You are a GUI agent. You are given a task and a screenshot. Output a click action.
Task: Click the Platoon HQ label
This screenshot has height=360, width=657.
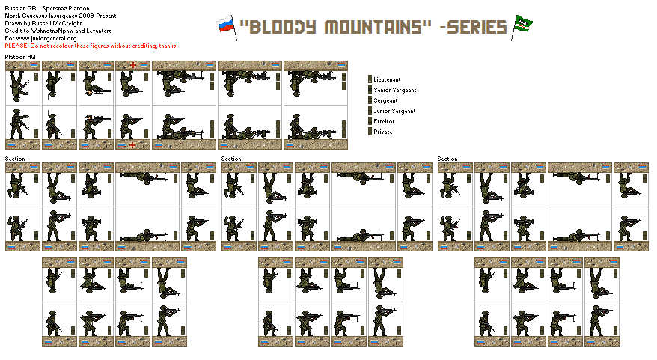tap(19, 57)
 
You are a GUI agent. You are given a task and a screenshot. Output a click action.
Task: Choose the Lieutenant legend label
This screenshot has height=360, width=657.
tap(387, 79)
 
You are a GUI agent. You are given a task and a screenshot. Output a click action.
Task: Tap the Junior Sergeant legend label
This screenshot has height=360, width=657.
tap(394, 111)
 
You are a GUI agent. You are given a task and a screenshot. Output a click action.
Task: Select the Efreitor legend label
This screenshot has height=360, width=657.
tap(385, 121)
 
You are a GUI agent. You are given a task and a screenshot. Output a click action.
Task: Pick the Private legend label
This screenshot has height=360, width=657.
tap(383, 132)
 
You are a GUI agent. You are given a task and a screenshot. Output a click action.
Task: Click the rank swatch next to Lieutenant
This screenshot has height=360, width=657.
tap(370, 79)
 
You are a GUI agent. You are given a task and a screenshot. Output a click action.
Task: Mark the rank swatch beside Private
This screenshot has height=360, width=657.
tap(370, 132)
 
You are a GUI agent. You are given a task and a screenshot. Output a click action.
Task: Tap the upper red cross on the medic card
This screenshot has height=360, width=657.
tap(133, 66)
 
